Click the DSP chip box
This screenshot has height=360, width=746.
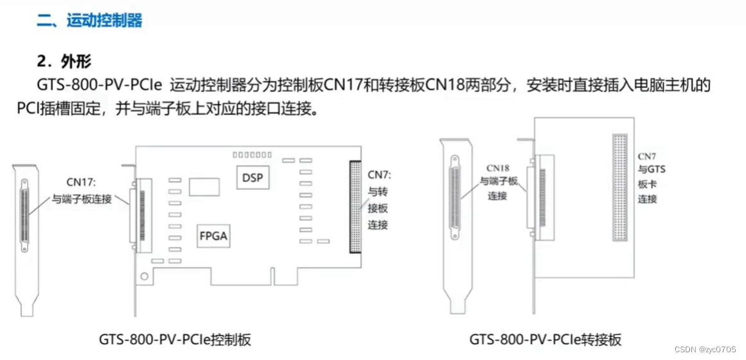253,178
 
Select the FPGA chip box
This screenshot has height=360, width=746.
213,236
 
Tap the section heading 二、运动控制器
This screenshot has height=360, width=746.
89,21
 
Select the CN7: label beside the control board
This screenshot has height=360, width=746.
379,175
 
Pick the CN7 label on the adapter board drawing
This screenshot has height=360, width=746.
646,156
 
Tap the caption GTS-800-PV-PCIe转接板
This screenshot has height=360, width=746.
545,339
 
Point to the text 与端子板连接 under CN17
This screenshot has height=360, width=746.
82,199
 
